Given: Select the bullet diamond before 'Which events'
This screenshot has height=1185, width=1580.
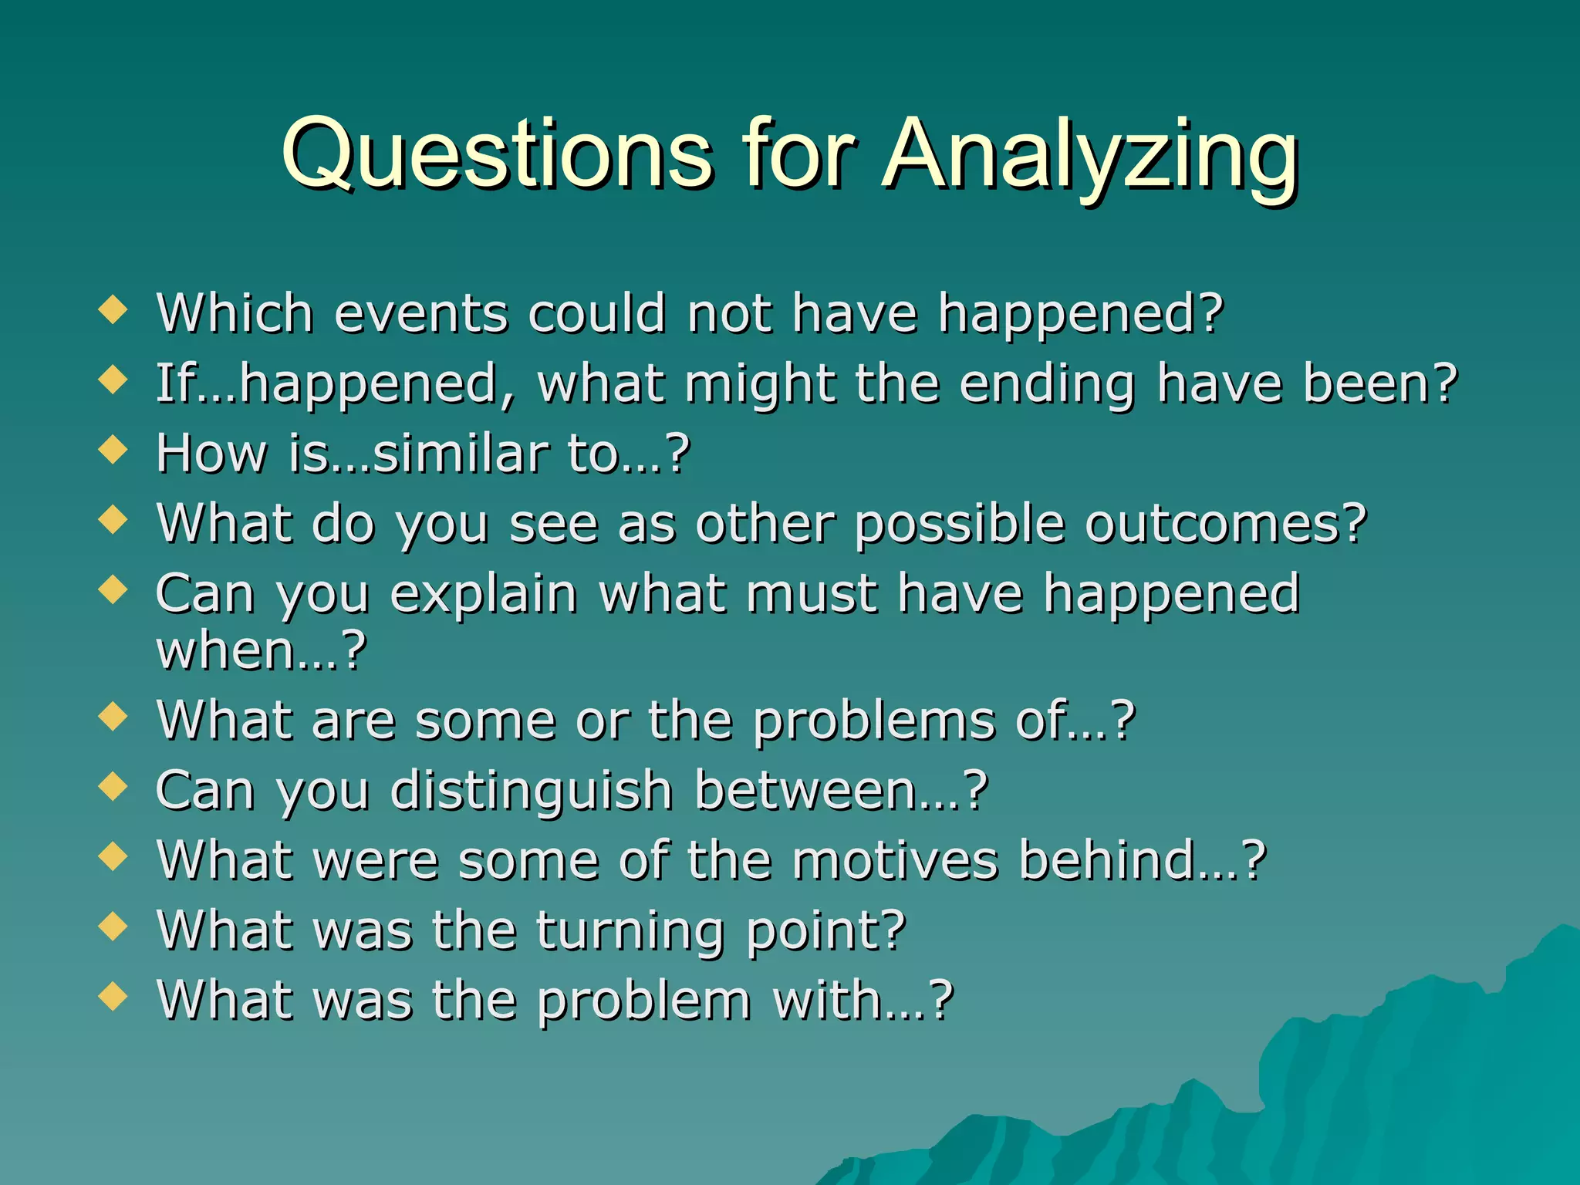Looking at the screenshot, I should [x=113, y=310].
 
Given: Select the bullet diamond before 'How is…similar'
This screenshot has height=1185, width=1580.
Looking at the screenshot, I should [x=113, y=450].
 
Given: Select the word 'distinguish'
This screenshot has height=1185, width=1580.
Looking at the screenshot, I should [x=532, y=792].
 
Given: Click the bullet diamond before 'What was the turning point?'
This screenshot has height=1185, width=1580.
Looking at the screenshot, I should [x=113, y=927].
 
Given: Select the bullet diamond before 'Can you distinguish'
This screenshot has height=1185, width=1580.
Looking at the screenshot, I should [x=113, y=787].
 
